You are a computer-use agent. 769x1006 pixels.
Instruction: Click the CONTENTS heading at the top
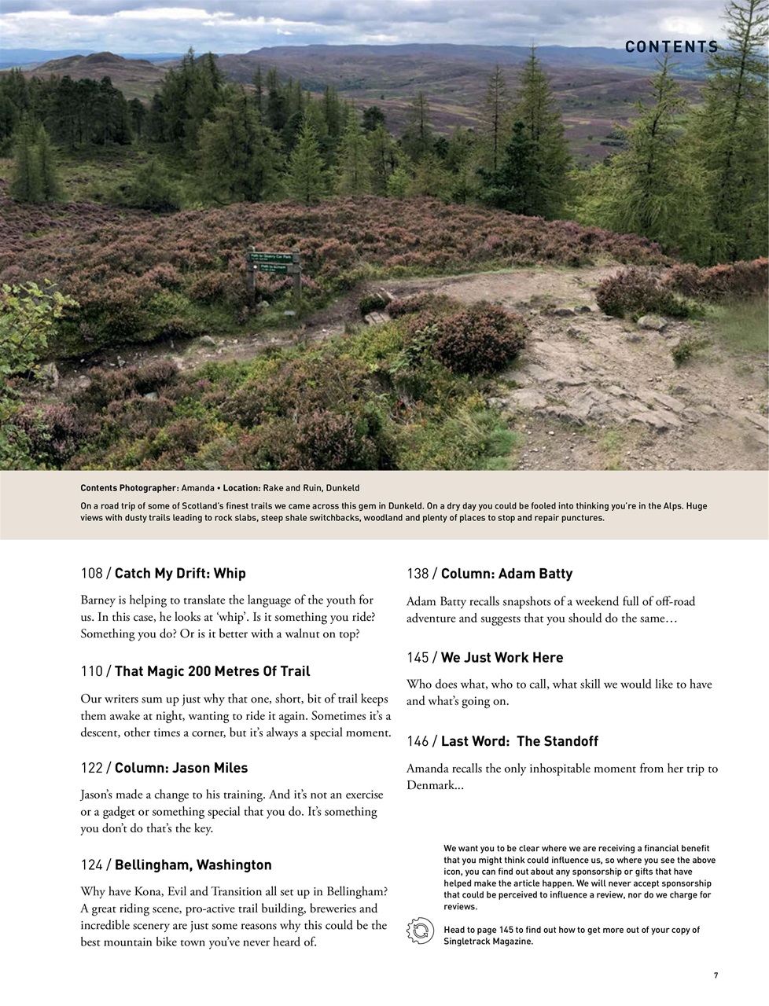[671, 47]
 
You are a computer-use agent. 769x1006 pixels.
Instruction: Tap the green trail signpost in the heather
[274, 263]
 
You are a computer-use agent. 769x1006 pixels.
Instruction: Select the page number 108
[91, 574]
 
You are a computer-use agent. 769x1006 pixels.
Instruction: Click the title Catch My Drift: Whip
[180, 574]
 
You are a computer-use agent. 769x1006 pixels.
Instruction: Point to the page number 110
[91, 671]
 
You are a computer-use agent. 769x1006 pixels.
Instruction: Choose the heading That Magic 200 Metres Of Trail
[212, 671]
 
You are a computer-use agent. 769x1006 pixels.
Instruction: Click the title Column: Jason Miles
[181, 768]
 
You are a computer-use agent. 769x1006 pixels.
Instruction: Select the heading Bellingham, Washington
[193, 865]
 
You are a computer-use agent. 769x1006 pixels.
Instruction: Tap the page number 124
[91, 865]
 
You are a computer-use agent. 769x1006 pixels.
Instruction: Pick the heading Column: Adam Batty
[506, 574]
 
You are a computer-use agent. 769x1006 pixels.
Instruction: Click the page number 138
[418, 574]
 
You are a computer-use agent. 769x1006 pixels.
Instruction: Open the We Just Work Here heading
[502, 657]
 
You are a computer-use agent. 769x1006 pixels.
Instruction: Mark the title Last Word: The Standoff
[519, 741]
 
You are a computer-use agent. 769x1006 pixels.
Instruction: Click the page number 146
[418, 741]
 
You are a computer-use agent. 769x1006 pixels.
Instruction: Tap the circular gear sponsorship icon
[420, 931]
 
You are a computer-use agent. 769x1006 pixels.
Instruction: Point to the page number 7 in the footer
[716, 975]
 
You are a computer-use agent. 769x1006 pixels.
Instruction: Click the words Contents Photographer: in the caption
[129, 488]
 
